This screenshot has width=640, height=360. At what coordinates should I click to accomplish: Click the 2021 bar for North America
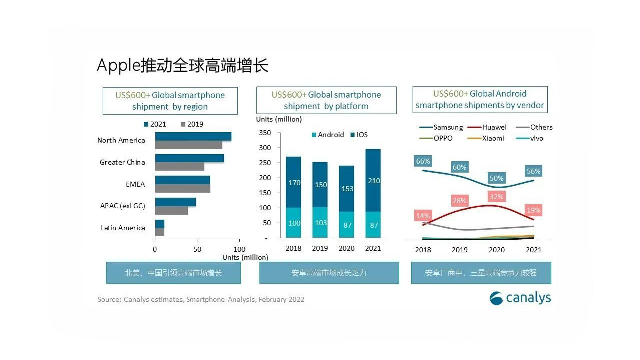click(x=193, y=136)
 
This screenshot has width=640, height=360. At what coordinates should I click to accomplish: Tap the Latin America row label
click(x=123, y=228)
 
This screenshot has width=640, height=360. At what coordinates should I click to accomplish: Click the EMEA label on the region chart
click(x=135, y=184)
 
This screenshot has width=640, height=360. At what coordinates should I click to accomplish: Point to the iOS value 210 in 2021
click(x=374, y=181)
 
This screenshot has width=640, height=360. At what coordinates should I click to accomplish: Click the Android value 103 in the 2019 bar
click(x=321, y=223)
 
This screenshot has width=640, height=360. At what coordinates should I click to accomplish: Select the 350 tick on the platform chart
click(x=265, y=133)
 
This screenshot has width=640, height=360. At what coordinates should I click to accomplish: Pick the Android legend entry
click(x=328, y=135)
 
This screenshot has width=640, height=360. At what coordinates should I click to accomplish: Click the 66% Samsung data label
click(x=423, y=161)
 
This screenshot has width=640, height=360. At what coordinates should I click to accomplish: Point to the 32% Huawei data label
click(x=496, y=197)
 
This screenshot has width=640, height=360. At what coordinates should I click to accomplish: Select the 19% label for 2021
click(x=533, y=210)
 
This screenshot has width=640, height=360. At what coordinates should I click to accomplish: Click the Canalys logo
click(x=520, y=298)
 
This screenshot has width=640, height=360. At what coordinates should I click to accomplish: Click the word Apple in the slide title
click(x=118, y=65)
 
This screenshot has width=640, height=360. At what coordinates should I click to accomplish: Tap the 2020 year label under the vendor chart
click(x=496, y=250)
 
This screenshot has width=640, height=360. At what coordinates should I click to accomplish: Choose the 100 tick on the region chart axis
click(x=239, y=249)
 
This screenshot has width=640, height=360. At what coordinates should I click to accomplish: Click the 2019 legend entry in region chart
click(x=192, y=124)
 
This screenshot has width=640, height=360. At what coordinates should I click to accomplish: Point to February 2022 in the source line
click(x=281, y=299)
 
